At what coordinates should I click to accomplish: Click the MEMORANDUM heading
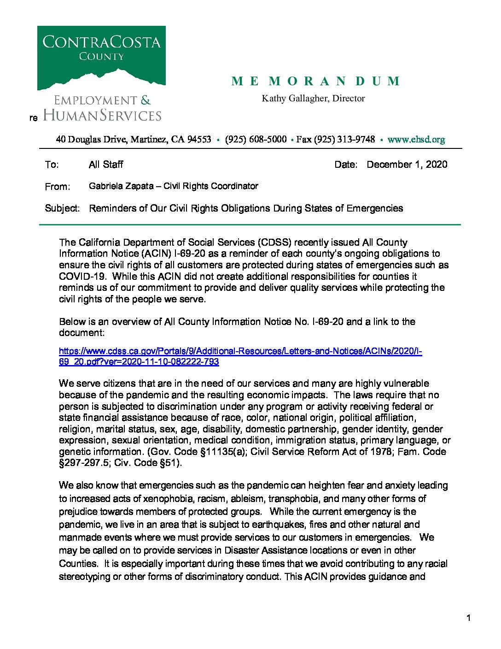pos(315,82)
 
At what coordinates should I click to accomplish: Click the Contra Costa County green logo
pos(101,58)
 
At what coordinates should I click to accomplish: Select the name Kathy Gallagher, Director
pos(313,98)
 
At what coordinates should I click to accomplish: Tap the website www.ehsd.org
pos(416,139)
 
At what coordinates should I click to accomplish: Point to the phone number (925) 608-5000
pos(256,139)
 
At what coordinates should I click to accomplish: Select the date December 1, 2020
pos(407,165)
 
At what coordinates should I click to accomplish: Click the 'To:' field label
pos(52,165)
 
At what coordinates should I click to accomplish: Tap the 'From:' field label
pos(58,187)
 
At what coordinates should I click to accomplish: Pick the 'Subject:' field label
pos(62,208)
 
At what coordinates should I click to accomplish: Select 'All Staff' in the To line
pos(106,165)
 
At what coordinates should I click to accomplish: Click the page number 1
pos(468,618)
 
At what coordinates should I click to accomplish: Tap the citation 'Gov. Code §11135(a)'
pos(198,452)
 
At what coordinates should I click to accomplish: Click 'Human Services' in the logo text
pos(102,115)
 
